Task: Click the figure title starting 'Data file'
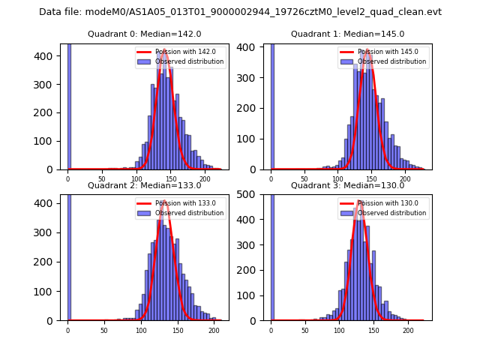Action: pos(240,12)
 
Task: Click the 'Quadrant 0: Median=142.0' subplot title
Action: pos(144,34)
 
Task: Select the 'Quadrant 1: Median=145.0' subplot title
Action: pos(347,34)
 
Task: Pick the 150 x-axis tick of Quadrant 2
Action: pos(177,330)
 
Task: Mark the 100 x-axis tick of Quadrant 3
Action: pos(339,330)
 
